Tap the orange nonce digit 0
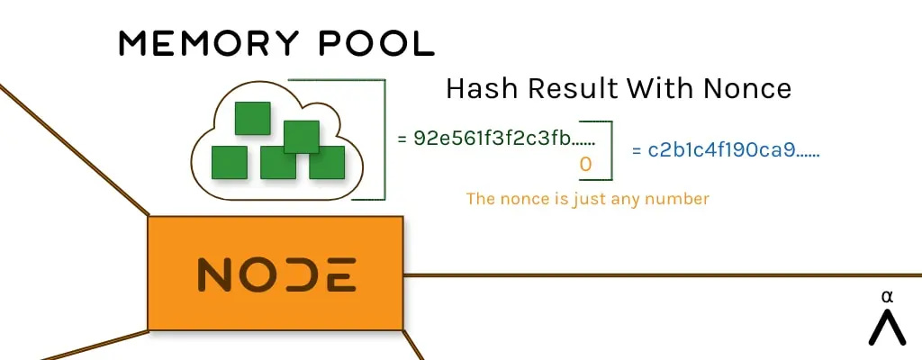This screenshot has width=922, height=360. click(x=584, y=165)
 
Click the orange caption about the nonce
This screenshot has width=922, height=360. click(x=587, y=199)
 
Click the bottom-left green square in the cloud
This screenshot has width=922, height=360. click(x=229, y=162)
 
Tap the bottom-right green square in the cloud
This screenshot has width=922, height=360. click(x=328, y=162)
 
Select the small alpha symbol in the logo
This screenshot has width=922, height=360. click(x=887, y=297)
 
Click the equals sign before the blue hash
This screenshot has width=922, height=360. click(x=637, y=150)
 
